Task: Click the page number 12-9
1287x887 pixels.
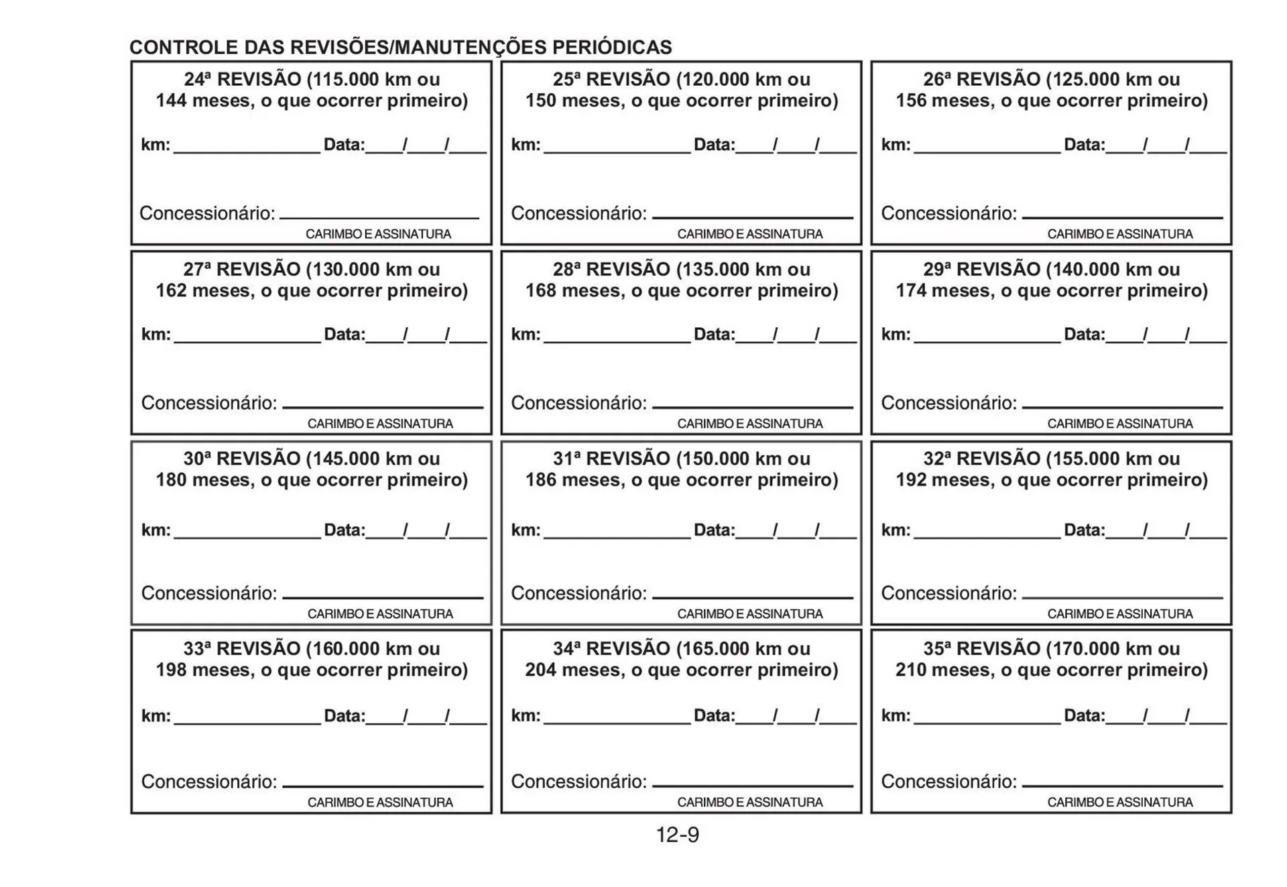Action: (x=677, y=835)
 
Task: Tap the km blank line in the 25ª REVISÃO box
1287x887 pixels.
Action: (x=617, y=152)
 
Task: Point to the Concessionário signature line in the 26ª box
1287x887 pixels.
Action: (x=1122, y=217)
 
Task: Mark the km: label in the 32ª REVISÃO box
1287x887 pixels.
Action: (x=896, y=530)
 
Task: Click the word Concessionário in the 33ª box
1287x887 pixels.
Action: (x=208, y=782)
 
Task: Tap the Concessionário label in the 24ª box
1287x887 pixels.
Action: (x=207, y=214)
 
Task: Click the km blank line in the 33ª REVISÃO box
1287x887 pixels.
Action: (x=247, y=723)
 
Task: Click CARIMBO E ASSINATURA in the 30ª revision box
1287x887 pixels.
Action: (x=380, y=614)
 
